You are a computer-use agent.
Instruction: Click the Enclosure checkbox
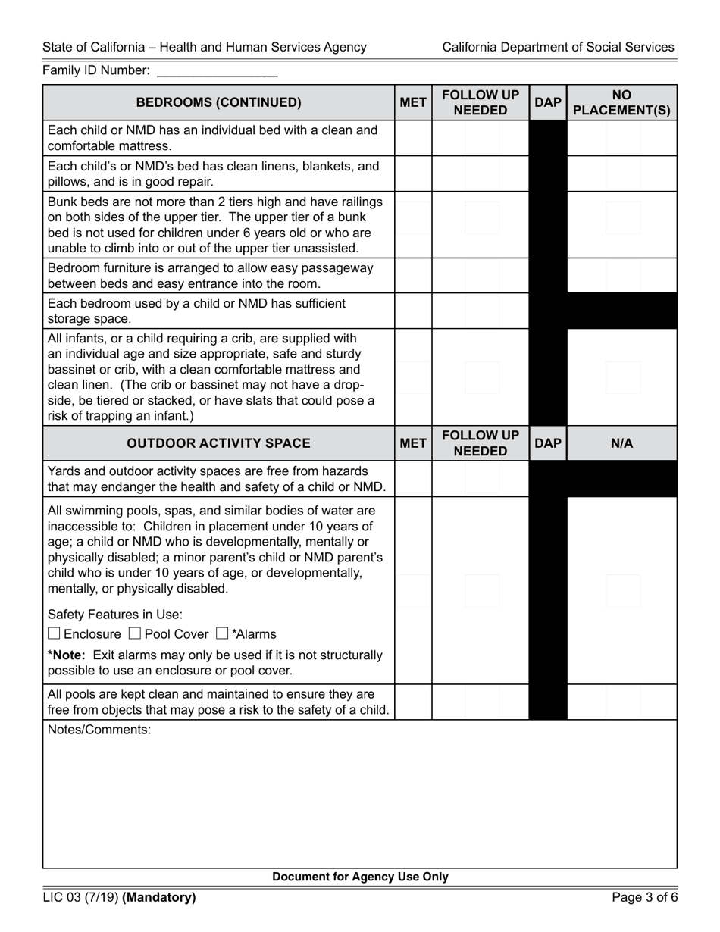pyautogui.click(x=54, y=633)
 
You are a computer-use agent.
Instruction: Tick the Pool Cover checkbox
pyautogui.click(x=134, y=633)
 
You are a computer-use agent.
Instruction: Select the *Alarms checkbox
pyautogui.click(x=222, y=633)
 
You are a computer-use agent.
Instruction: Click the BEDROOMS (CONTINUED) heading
pyautogui.click(x=218, y=102)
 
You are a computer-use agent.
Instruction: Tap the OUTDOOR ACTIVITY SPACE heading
pyautogui.click(x=218, y=443)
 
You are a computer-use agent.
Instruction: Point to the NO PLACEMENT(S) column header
pyautogui.click(x=621, y=102)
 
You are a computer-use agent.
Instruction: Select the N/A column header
pyautogui.click(x=621, y=443)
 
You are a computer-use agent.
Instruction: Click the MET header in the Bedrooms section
pyautogui.click(x=413, y=102)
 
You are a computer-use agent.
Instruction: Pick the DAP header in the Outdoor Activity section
pyautogui.click(x=547, y=443)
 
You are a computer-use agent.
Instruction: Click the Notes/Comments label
pyautogui.click(x=99, y=730)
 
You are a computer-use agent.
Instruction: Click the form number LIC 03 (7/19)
pyautogui.click(x=80, y=898)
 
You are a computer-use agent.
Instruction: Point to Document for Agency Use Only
pyautogui.click(x=360, y=877)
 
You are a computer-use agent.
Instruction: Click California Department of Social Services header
pyautogui.click(x=558, y=47)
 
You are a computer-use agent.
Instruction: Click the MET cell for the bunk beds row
pyautogui.click(x=413, y=224)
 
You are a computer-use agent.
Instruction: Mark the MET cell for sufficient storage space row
pyautogui.click(x=413, y=311)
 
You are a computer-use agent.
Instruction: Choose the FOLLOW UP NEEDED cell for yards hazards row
pyautogui.click(x=481, y=479)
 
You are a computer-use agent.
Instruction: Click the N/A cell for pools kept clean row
pyautogui.click(x=621, y=702)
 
